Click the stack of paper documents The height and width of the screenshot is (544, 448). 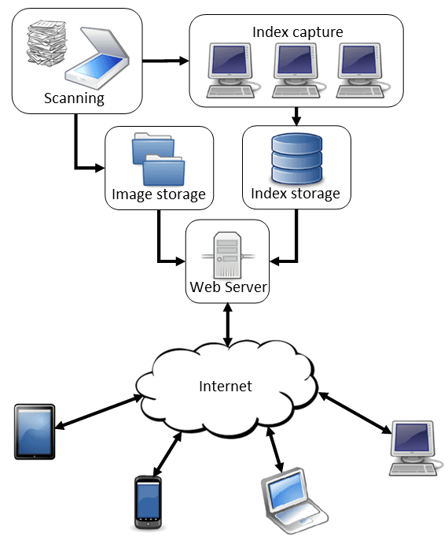tap(46, 43)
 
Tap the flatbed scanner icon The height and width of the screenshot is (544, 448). tap(97, 58)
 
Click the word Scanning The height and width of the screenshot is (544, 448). tap(74, 98)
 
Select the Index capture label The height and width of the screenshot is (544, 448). tap(298, 32)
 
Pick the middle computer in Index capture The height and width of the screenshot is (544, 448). tap(296, 70)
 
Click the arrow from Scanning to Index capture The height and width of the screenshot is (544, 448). tap(166, 61)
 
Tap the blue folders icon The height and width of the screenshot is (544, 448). tap(158, 159)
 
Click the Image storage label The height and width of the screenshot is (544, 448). tap(159, 194)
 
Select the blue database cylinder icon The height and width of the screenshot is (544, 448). tap(297, 158)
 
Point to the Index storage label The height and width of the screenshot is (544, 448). tap(296, 194)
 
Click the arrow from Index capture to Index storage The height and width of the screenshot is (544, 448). tap(296, 117)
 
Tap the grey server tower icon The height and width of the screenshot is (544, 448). tap(228, 255)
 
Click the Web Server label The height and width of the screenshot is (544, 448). tap(229, 287)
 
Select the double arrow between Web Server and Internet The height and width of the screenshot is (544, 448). tap(228, 325)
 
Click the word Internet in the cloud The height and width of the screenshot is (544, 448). tap(226, 386)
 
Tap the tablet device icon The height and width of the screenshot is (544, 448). tap(35, 431)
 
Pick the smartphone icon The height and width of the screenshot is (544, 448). tap(148, 502)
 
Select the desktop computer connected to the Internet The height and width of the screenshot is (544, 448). tap(415, 448)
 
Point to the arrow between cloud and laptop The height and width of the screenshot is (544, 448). tap(275, 450)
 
